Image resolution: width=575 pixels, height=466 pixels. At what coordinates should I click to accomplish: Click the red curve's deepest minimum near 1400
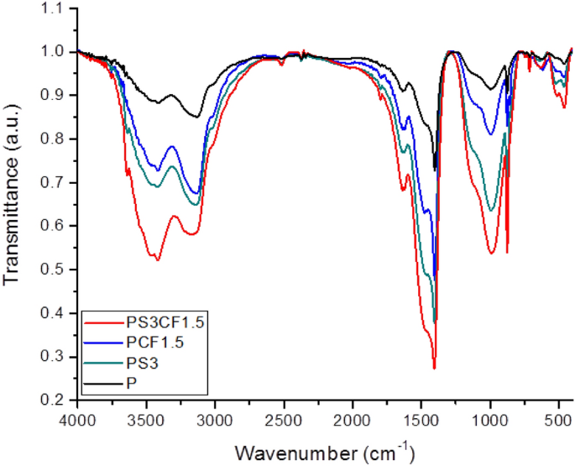click(434, 368)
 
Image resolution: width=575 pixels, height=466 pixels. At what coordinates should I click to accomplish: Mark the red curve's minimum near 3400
click(157, 259)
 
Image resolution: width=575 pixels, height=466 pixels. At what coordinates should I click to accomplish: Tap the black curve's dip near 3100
click(198, 117)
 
